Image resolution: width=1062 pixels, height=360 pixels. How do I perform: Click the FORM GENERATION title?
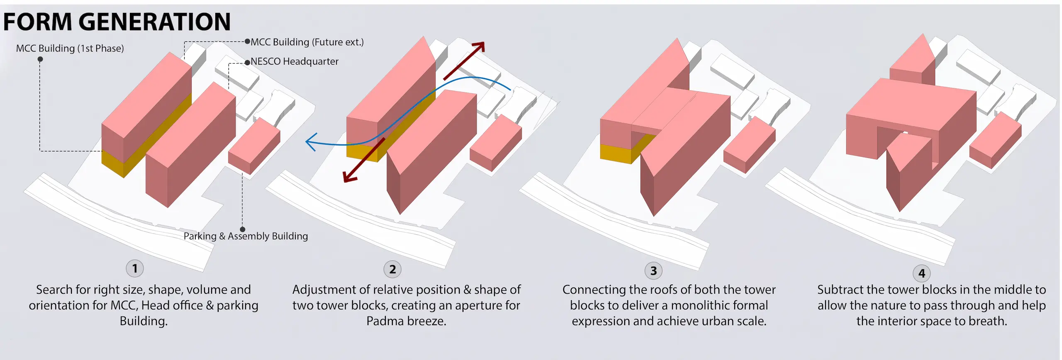pyautogui.click(x=117, y=22)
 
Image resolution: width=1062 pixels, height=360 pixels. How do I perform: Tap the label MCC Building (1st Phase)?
pyautogui.click(x=70, y=49)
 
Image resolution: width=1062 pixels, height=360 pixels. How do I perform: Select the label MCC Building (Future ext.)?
pyautogui.click(x=307, y=42)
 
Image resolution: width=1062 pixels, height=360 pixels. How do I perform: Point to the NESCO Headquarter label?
pyautogui.click(x=295, y=61)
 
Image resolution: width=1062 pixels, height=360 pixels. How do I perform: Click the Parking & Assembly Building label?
pyautogui.click(x=246, y=236)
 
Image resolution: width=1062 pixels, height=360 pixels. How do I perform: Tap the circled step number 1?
pyautogui.click(x=135, y=268)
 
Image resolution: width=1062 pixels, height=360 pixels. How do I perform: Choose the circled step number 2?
pyautogui.click(x=392, y=269)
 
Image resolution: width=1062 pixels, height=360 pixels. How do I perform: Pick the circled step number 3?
pyautogui.click(x=653, y=271)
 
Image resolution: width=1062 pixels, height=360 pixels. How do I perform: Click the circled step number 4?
pyautogui.click(x=922, y=273)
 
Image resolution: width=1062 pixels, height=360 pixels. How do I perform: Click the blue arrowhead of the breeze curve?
pyautogui.click(x=311, y=142)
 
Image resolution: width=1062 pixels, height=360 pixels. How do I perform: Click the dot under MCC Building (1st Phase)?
pyautogui.click(x=40, y=59)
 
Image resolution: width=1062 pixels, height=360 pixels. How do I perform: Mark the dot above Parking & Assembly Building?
pyautogui.click(x=243, y=229)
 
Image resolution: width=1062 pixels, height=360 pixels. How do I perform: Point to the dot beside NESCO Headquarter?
pyautogui.click(x=248, y=63)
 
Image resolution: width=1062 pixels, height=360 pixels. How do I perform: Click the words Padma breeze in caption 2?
pyautogui.click(x=406, y=321)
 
